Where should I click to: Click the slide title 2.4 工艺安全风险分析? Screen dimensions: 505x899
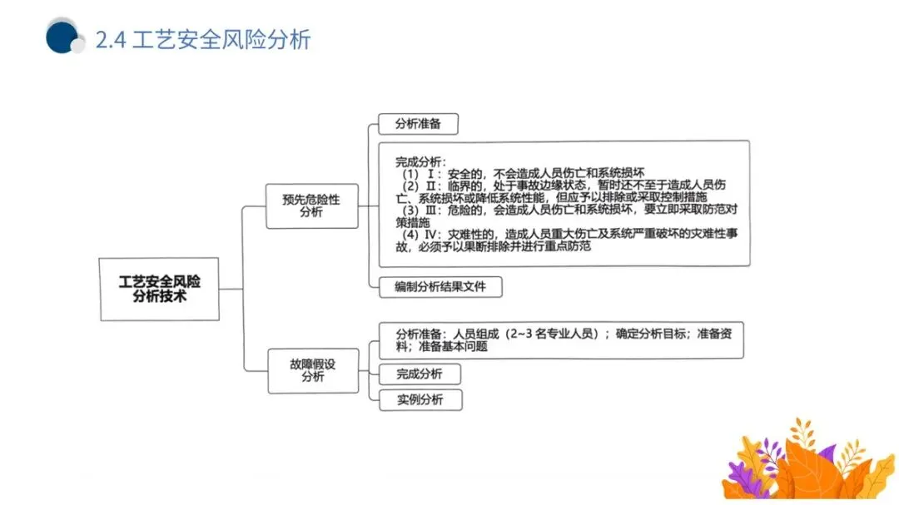(203, 39)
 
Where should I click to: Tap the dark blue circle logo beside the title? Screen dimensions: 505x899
(61, 37)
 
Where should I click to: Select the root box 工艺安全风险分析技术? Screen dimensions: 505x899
(160, 289)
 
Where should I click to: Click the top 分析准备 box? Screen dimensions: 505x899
(418, 124)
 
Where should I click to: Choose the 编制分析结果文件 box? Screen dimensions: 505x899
(440, 287)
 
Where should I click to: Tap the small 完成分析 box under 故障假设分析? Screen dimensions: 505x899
(420, 374)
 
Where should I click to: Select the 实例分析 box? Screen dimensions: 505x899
(420, 399)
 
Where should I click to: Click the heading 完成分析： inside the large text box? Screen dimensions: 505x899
(420, 161)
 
